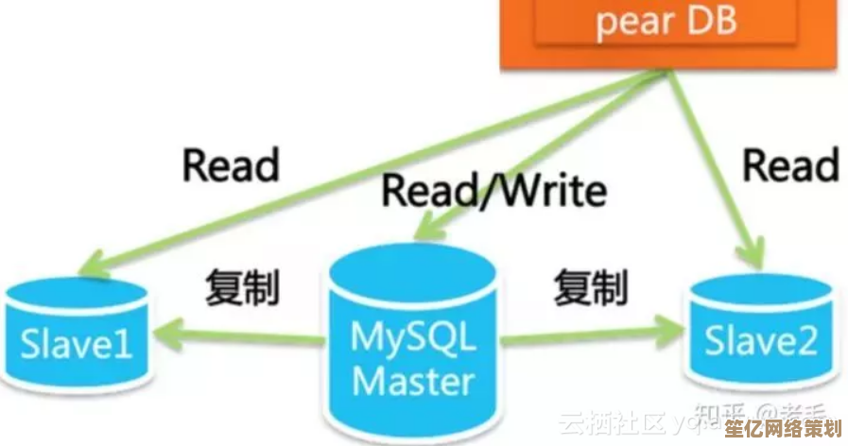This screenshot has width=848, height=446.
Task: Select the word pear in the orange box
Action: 632,23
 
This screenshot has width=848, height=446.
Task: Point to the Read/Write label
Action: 493,191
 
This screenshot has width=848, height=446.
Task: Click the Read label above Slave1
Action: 231,165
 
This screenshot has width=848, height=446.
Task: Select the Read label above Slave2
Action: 790,165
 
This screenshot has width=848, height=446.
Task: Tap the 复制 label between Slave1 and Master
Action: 242,286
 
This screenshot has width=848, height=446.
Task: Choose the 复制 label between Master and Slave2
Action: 591,286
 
